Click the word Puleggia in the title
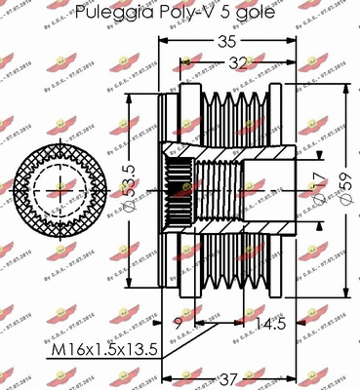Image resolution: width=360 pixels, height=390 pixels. point(115,13)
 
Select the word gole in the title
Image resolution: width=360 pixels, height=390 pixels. point(245,13)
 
